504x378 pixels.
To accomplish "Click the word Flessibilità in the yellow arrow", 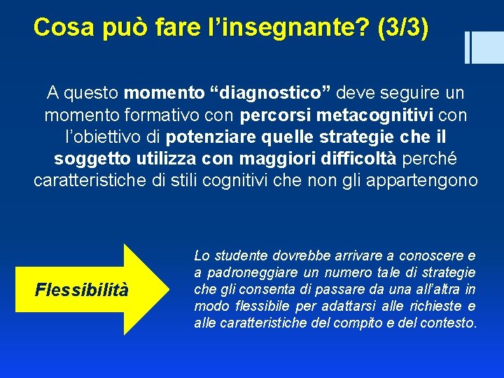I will tap(82, 289).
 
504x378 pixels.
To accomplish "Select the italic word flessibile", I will tap(262, 306).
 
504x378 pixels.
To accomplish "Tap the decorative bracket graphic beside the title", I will tap(477, 47).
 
